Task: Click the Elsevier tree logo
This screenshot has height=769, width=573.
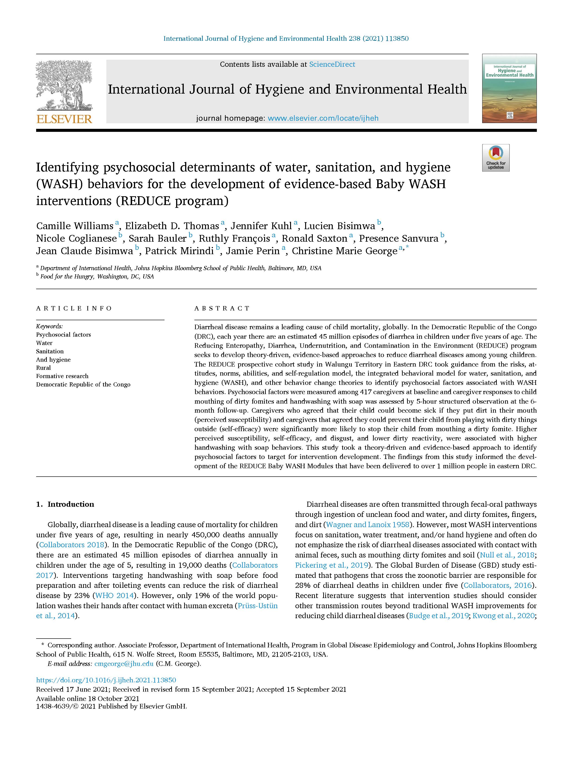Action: coord(64,85)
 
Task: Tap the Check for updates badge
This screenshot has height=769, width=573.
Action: coord(496,158)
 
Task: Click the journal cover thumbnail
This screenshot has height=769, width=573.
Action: coord(509,89)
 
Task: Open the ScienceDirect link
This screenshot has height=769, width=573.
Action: coord(332,64)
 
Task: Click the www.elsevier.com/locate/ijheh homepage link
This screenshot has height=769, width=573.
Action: coord(323,118)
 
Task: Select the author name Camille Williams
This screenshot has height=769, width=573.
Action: coord(75,226)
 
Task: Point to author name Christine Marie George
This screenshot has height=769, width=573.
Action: coord(344,251)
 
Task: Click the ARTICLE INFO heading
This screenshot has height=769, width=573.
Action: coord(74,308)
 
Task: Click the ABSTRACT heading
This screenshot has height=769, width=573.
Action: coord(222,308)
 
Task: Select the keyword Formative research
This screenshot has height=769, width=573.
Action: coord(62,376)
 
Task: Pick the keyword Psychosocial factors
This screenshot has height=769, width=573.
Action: coord(63,335)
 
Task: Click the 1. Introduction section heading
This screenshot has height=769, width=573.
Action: coord(65,504)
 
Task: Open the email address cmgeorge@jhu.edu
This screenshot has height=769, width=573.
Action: coord(124,664)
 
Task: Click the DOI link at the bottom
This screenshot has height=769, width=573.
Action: coord(106,680)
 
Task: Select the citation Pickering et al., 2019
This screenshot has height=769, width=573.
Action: coord(331,565)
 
